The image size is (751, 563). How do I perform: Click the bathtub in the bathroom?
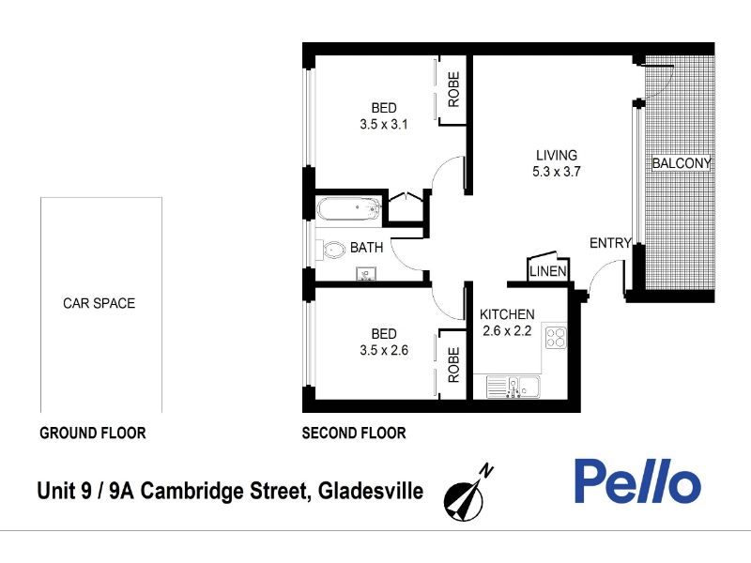(x=349, y=208)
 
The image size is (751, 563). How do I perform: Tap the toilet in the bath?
(x=331, y=250)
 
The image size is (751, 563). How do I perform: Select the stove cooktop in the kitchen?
(x=556, y=337)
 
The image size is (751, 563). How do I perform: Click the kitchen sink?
(x=513, y=387)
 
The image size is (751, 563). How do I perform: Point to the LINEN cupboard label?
(x=548, y=271)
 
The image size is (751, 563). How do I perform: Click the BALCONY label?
(x=682, y=163)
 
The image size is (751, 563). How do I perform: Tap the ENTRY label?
(x=610, y=243)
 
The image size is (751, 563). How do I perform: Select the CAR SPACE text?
(x=100, y=303)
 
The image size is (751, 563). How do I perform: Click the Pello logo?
(x=637, y=481)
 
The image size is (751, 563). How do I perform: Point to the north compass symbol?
(x=467, y=494)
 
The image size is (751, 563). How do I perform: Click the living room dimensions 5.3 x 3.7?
(x=557, y=172)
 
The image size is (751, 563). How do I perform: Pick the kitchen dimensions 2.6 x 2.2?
(x=507, y=331)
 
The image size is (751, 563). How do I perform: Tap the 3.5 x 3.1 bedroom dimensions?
(x=384, y=125)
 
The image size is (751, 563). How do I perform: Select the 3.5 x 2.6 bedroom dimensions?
(x=384, y=350)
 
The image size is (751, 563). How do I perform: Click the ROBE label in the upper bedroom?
(x=453, y=89)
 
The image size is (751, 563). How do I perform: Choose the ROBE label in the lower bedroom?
(x=453, y=365)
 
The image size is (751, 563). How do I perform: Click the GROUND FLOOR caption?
(x=92, y=434)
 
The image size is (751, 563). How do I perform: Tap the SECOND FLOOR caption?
(x=354, y=434)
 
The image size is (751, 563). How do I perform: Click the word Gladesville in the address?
(x=371, y=492)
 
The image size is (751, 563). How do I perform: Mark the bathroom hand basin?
(x=366, y=274)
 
